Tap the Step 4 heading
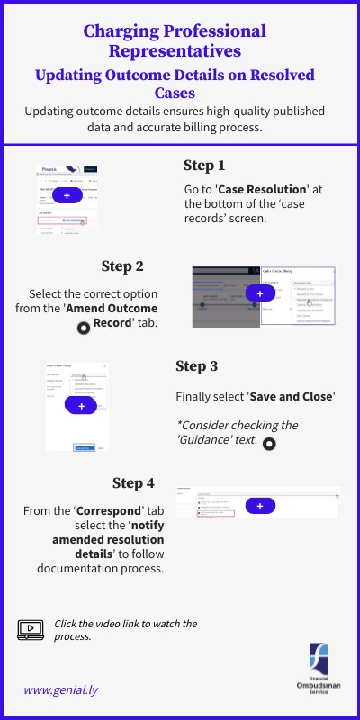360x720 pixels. tap(133, 482)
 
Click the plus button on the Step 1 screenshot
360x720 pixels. tap(67, 195)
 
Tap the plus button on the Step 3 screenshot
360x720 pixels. tap(81, 406)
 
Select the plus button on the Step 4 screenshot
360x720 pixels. tap(260, 506)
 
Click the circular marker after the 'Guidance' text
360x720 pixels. tap(268, 443)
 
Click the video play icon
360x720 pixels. tap(31, 629)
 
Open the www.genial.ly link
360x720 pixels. tap(61, 689)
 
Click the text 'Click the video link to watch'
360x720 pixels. tap(125, 623)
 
